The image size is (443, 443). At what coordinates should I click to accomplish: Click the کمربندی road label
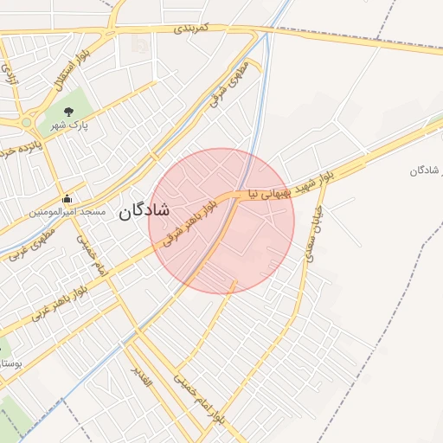click(191, 29)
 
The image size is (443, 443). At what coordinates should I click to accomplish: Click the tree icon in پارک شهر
click(67, 110)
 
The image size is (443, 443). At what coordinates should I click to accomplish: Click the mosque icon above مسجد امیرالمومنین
click(67, 198)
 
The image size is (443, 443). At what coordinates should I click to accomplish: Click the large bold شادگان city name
click(144, 210)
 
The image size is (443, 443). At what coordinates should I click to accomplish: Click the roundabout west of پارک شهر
click(27, 123)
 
